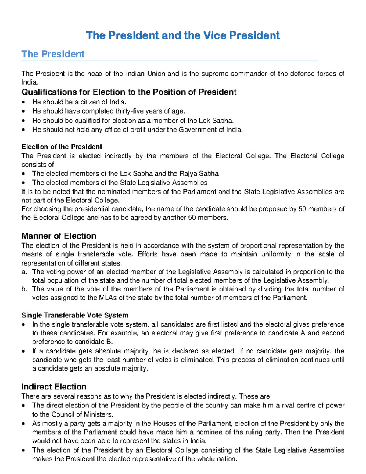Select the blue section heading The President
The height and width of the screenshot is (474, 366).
click(x=53, y=54)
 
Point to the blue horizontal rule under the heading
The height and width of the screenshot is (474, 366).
click(x=169, y=61)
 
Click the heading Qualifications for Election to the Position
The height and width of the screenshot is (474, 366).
click(x=129, y=92)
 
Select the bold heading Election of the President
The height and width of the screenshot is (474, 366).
click(x=62, y=147)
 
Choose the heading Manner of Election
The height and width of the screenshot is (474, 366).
click(x=59, y=236)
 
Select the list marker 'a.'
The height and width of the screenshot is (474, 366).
click(x=24, y=272)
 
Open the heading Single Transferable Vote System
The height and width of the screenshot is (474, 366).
click(x=75, y=315)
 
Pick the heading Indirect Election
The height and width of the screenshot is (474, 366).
click(x=54, y=387)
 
